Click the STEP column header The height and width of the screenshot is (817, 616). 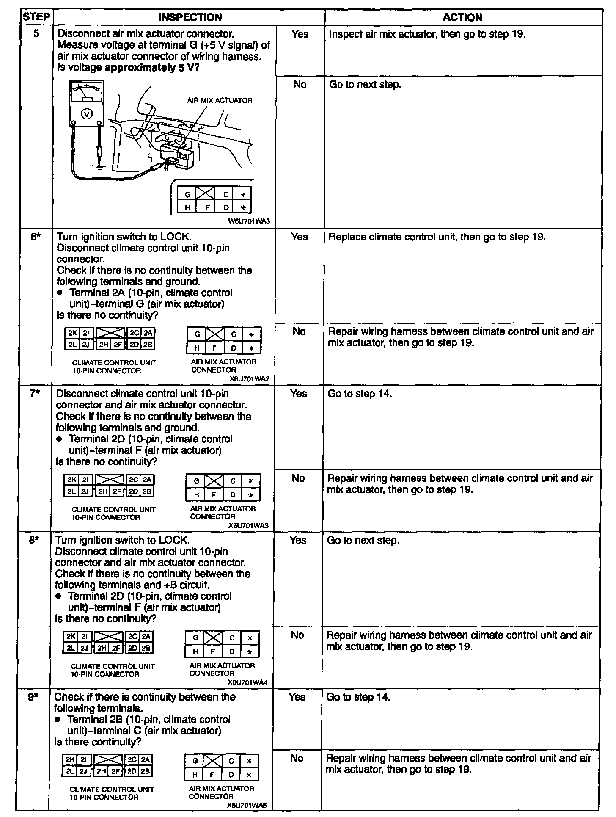click(36, 17)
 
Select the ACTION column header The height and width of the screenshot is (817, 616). click(462, 17)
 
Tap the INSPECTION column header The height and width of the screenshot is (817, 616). click(190, 17)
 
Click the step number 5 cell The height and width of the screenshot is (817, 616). click(36, 33)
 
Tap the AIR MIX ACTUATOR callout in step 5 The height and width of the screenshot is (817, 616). click(220, 101)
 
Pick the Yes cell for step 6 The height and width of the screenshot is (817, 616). click(299, 237)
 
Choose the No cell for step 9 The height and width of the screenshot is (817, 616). click(297, 758)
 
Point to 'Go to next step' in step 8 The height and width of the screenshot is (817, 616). click(363, 541)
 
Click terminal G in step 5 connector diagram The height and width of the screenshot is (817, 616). click(187, 195)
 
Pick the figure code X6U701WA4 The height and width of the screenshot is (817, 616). click(247, 682)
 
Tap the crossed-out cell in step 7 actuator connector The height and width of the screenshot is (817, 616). click(214, 481)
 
